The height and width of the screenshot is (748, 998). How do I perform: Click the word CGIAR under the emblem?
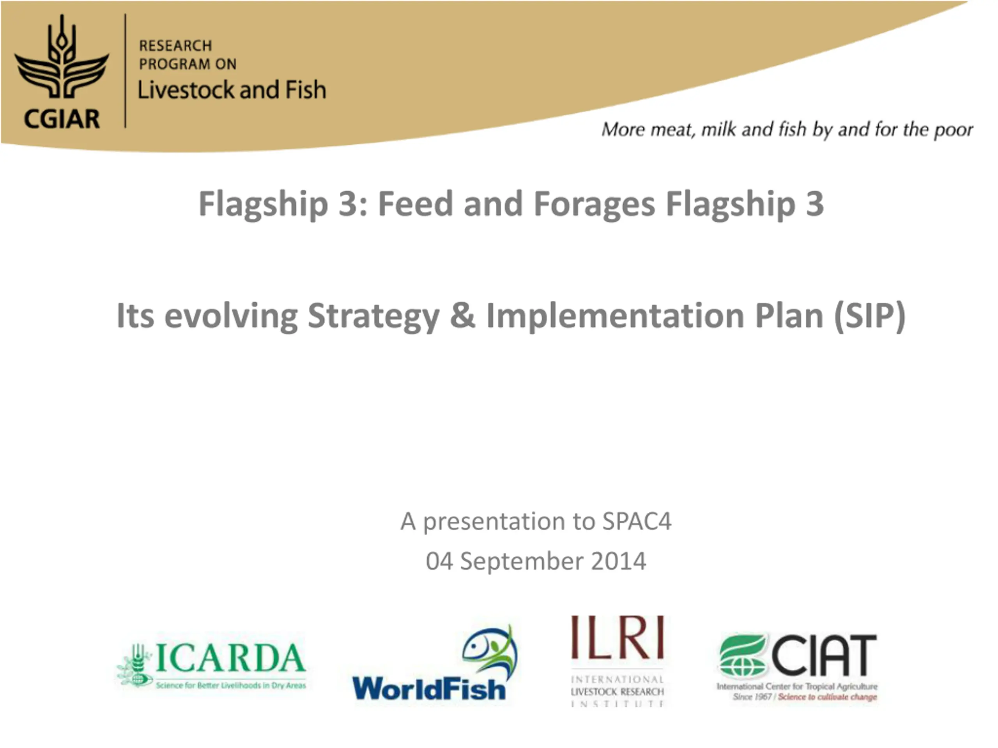[62, 119]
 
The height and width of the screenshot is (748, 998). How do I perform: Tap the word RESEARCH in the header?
[175, 46]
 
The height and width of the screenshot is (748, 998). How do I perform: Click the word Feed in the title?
[416, 204]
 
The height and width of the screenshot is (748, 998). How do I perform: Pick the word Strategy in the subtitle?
[373, 316]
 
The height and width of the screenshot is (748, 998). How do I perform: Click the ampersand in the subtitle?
[462, 315]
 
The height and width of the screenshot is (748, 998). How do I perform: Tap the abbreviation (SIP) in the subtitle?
[869, 316]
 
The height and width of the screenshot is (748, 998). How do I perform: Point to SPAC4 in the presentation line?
[637, 522]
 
